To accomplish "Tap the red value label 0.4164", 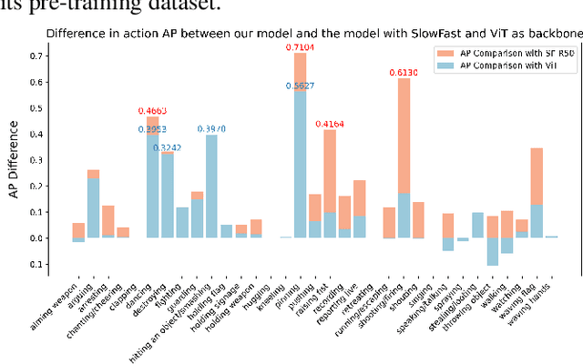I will tap(330, 123).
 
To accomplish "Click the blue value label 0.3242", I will tap(167, 147).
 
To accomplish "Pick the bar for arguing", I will tap(93, 204).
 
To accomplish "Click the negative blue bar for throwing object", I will tap(492, 251).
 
